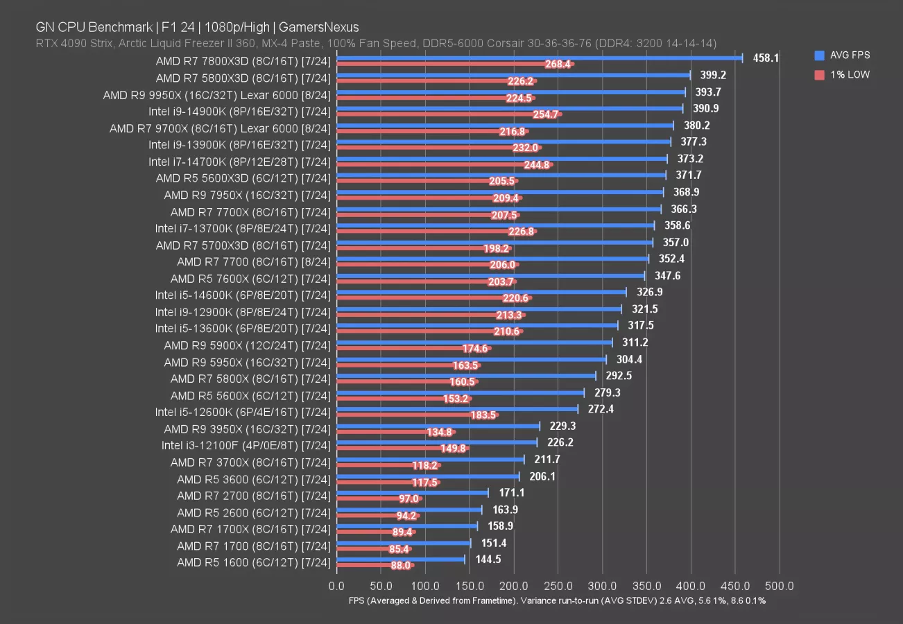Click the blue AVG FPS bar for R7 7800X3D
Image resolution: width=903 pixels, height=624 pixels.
(540, 58)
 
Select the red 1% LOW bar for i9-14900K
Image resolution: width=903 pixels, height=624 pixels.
(449, 114)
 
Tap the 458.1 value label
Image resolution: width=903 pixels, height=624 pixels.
(765, 58)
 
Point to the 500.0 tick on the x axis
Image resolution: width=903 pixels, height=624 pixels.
(780, 587)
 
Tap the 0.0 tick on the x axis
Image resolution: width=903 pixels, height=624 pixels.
(337, 587)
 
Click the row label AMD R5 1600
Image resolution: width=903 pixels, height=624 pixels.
(253, 562)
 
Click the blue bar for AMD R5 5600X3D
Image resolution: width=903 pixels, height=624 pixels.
(501, 175)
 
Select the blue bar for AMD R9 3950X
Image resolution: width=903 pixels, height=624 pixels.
(438, 426)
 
